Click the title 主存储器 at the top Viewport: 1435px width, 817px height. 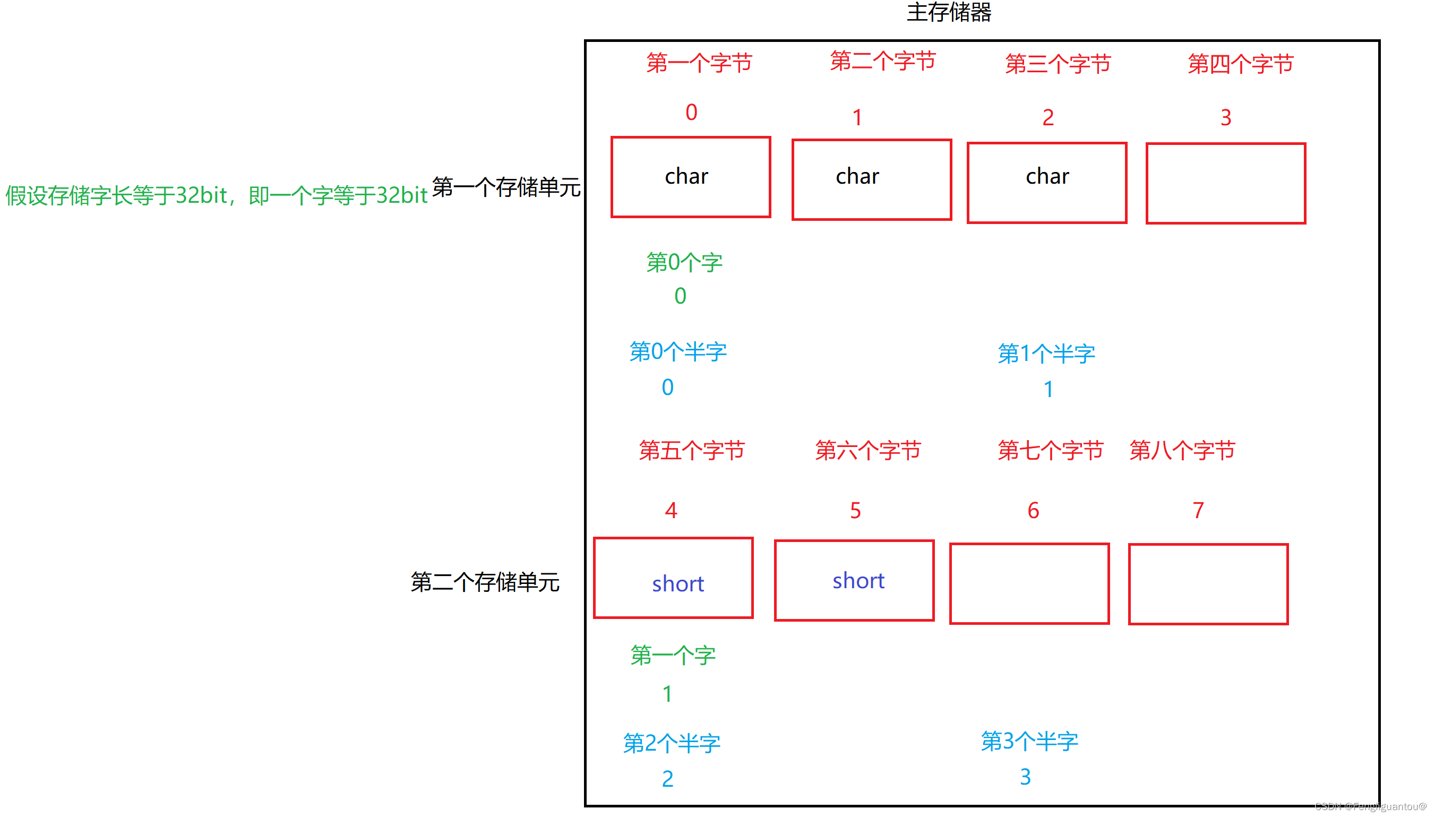(x=949, y=12)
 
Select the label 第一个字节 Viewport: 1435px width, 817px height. (x=699, y=63)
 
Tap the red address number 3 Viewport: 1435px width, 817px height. (x=1225, y=118)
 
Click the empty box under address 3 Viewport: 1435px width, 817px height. (x=1225, y=184)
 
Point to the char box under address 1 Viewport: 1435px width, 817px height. (x=871, y=179)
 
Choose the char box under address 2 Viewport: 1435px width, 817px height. (x=1047, y=183)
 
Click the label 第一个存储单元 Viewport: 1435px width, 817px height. (x=506, y=187)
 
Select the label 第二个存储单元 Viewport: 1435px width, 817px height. (x=485, y=582)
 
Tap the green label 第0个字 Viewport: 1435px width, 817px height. (x=684, y=263)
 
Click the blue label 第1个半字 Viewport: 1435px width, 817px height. (x=1046, y=354)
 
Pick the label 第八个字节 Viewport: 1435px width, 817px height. (x=1182, y=450)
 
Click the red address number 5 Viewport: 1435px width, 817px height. (x=855, y=511)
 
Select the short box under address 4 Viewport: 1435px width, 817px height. (x=673, y=578)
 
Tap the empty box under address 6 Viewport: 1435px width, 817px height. (x=1029, y=583)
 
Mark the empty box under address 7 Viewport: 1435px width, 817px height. (x=1208, y=584)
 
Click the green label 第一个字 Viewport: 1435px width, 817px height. (x=673, y=656)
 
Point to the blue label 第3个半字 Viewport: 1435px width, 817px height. (x=1029, y=741)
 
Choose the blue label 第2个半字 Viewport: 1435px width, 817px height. (x=672, y=744)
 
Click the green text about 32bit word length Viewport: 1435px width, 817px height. (x=216, y=196)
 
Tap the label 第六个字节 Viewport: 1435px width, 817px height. (x=868, y=450)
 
